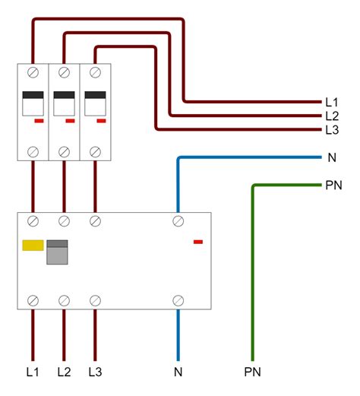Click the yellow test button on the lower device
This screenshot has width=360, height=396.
coord(33,246)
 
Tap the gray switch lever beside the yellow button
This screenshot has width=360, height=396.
coord(58,252)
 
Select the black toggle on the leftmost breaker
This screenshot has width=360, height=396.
coord(33,96)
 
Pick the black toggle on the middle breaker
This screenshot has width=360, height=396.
coord(64,96)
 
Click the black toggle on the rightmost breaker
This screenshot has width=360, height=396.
coord(94,96)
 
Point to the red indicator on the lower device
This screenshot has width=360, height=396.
coord(198,242)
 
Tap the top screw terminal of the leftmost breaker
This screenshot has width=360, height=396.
coord(33,73)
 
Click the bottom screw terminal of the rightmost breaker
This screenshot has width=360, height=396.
coord(94,151)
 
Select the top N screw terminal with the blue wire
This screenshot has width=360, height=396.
coord(178,221)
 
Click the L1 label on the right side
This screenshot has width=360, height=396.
coord(332,102)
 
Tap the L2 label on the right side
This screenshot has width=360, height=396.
coord(332,116)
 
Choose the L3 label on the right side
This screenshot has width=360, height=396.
coord(332,131)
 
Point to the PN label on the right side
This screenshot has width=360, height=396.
coord(333,185)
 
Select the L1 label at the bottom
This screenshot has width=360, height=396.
coord(33,372)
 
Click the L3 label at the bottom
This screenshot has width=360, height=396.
coord(94,372)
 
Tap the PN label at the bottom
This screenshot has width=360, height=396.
coord(253,372)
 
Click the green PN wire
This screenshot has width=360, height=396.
coord(253,274)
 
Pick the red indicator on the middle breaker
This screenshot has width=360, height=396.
coord(70,120)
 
